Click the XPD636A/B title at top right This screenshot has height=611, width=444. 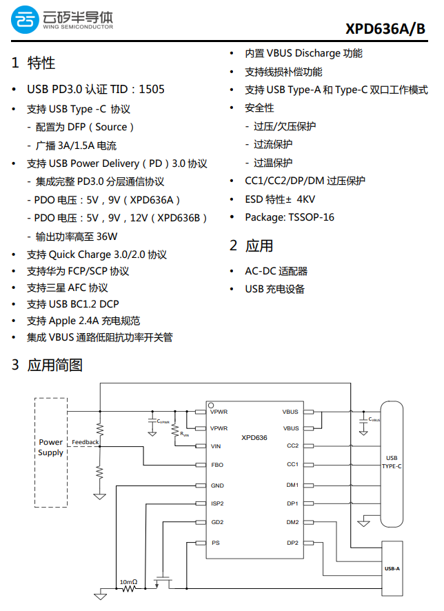coord(386,28)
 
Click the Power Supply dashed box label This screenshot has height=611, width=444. coord(51,447)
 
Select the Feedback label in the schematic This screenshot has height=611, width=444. coord(85,442)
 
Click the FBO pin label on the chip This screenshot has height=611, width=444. coord(217,465)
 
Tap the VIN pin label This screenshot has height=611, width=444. coord(216,446)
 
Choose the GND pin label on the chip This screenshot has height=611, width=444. coord(218,485)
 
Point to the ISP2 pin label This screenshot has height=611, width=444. coord(218,504)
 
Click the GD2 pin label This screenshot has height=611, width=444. coord(217,522)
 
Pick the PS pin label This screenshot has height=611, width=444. coord(215,543)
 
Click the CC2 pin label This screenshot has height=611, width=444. coord(292,446)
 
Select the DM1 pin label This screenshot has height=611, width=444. coord(292,485)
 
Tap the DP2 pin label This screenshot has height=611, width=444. coord(292,543)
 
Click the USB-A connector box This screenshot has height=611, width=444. coord(392,568)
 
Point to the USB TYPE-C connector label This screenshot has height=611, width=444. coord(392,462)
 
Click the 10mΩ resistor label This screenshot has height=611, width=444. coord(129,583)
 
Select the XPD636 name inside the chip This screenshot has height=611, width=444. coord(254,438)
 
